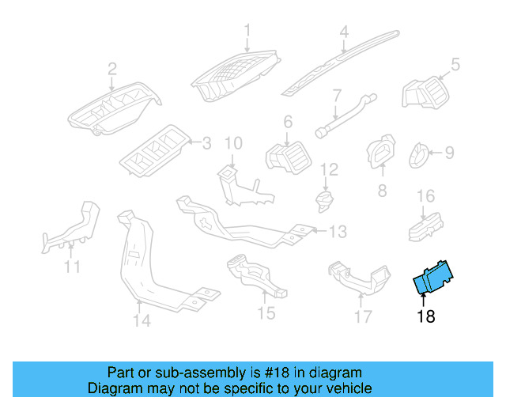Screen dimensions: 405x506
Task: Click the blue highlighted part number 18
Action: click(435, 278)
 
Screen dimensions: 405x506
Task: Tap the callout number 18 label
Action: click(425, 317)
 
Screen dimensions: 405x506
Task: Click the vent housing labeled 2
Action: click(115, 110)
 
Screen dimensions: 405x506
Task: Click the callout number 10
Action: click(232, 143)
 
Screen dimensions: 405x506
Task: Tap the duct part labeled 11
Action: click(75, 229)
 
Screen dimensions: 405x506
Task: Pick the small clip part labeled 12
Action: click(323, 199)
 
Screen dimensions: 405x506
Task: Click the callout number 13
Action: click(338, 232)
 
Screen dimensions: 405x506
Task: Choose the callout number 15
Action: click(266, 313)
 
